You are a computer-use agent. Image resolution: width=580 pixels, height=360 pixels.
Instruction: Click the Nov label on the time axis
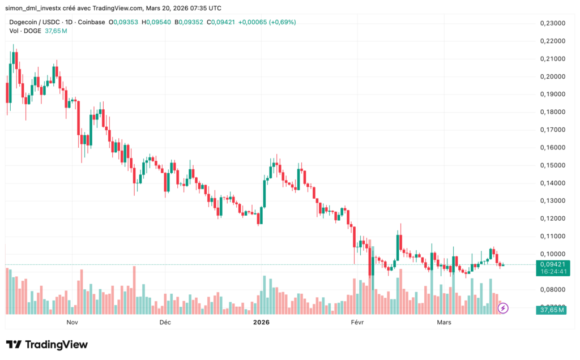(72, 322)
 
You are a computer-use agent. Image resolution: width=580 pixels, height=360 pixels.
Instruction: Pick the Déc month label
(165, 322)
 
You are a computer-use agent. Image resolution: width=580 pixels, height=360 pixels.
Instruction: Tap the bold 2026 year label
(261, 322)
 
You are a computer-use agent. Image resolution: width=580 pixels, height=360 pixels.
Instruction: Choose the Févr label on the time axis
(357, 322)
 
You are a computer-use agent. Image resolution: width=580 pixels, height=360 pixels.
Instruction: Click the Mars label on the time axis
(444, 322)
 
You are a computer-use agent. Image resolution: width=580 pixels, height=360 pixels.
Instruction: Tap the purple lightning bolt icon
(503, 308)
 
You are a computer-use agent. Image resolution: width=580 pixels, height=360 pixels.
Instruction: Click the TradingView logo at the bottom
(47, 344)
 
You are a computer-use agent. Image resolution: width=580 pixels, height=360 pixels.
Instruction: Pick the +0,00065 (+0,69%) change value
(267, 22)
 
